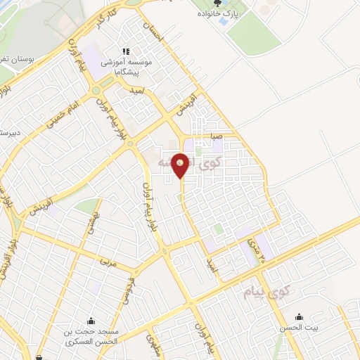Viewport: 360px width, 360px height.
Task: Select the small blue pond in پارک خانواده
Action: click(223, 22)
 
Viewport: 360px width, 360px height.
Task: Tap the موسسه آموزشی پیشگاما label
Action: click(127, 67)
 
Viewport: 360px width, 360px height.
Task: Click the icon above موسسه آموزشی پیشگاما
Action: click(127, 51)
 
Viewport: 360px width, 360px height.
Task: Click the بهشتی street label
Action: click(93, 225)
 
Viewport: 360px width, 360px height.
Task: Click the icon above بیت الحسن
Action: click(300, 316)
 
